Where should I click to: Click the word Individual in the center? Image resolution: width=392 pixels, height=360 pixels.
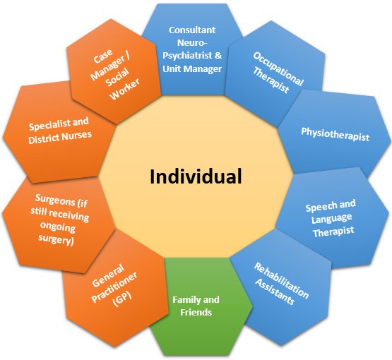coord(196,176)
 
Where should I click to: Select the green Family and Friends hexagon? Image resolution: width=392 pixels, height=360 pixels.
coord(198,306)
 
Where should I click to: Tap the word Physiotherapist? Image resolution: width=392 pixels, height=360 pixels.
coord(335,134)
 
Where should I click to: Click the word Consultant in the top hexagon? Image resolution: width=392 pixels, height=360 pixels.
coord(192,30)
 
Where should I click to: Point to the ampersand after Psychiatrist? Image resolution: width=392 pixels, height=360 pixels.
coord(218,55)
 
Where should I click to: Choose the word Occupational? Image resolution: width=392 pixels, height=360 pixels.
coord(278,68)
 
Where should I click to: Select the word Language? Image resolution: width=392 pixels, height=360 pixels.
coord(331,219)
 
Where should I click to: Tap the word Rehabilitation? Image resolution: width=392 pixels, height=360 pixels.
coord(282,280)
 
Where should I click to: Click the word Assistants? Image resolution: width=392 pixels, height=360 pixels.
coord(275,292)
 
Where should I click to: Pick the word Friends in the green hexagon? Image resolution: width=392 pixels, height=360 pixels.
coord(196,312)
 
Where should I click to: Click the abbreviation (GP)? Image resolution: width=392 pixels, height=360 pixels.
coord(122,299)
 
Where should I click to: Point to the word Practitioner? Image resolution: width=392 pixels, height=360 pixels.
coord(114,287)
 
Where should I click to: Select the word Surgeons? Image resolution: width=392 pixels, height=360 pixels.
coord(55,199)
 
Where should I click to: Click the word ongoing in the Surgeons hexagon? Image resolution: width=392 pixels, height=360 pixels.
coord(58,227)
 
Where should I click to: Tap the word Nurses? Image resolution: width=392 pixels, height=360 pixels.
coord(76,136)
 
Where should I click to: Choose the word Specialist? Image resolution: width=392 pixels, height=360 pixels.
coord(49,125)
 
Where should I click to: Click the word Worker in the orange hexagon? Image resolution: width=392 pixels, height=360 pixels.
coord(124,89)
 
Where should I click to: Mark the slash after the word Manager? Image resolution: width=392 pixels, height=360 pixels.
coord(128,56)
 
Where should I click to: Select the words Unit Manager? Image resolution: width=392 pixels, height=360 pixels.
coord(192,68)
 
